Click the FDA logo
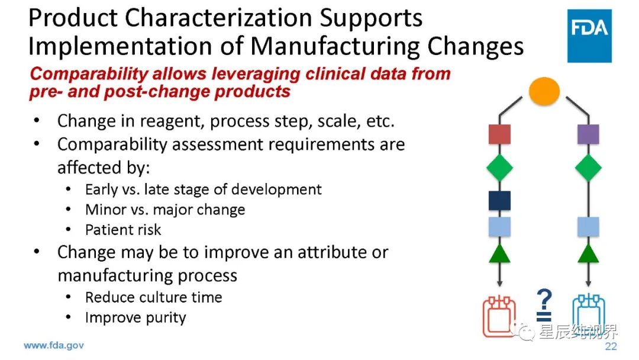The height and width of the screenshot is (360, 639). (x=589, y=36)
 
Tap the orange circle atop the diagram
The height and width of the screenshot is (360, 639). (x=544, y=91)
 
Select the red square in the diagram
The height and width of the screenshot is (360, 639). (x=499, y=134)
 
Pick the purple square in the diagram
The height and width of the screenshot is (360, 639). (x=588, y=134)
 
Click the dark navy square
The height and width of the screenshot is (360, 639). (x=499, y=201)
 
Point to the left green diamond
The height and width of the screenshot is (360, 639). (x=499, y=168)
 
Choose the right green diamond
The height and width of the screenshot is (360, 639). (x=588, y=168)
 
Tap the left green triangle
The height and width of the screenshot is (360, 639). (x=499, y=253)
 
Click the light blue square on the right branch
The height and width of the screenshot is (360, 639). (x=588, y=227)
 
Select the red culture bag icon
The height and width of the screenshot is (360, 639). (x=499, y=317)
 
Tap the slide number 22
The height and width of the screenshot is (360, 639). (x=611, y=346)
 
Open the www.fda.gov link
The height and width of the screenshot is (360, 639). (x=54, y=346)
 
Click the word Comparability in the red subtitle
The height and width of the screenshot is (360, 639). (x=89, y=74)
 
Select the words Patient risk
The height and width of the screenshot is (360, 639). (x=123, y=230)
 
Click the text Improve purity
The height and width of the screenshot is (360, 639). (x=135, y=318)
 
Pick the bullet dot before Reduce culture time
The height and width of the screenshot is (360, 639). (x=68, y=297)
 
